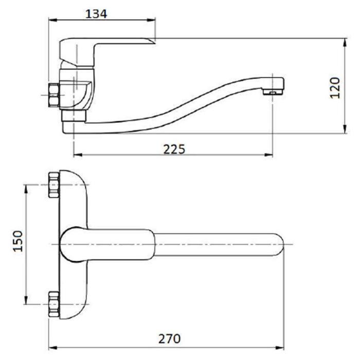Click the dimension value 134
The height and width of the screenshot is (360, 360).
[96, 14]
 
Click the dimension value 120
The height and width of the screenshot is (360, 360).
[335, 88]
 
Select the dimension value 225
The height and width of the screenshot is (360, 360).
[174, 149]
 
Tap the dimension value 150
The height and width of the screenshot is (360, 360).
[18, 241]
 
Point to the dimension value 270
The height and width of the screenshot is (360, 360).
[169, 339]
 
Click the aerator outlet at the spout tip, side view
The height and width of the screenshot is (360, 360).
[273, 92]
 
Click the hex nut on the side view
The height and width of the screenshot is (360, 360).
[53, 95]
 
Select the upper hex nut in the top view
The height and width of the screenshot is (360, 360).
[53, 185]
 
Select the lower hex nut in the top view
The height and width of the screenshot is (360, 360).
[53, 304]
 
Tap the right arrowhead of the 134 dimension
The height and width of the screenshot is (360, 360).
[152, 20]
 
